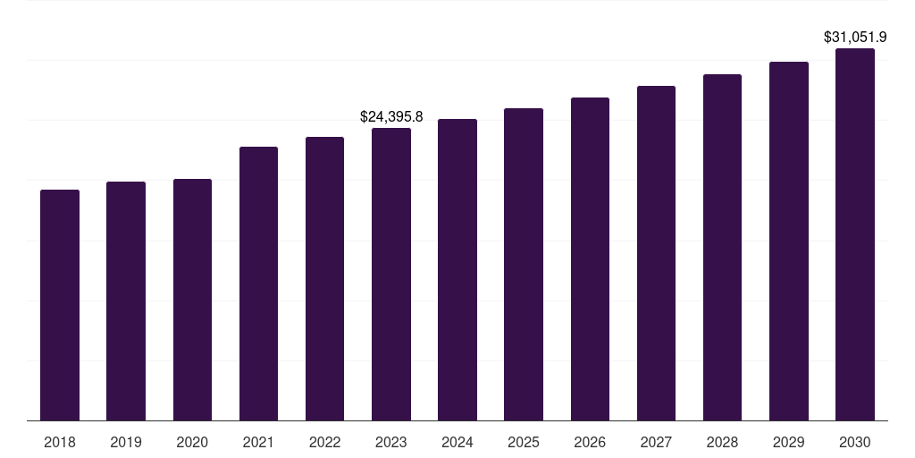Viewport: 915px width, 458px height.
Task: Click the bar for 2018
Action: click(60, 304)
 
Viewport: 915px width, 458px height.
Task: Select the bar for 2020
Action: click(192, 300)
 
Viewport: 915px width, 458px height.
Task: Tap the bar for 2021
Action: click(258, 284)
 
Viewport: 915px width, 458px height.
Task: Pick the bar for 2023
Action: click(391, 274)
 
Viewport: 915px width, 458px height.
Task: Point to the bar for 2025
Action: click(524, 264)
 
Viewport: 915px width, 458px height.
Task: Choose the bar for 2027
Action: click(656, 253)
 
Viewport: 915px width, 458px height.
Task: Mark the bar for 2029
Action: click(789, 241)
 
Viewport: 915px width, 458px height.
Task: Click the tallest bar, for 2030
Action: click(855, 234)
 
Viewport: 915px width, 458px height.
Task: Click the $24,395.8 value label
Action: click(391, 116)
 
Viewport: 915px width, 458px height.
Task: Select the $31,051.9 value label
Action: click(855, 38)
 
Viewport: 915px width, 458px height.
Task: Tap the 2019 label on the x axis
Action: click(126, 442)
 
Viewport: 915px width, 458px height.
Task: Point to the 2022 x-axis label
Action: click(325, 442)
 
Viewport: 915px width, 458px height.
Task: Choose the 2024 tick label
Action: click(457, 442)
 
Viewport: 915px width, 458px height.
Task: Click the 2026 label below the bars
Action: click(590, 442)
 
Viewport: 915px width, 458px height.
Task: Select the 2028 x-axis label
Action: click(722, 442)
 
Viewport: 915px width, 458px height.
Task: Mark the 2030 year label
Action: click(855, 442)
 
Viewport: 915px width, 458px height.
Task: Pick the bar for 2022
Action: click(325, 278)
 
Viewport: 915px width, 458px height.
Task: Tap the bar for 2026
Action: click(590, 259)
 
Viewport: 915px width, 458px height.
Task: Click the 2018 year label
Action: click(60, 442)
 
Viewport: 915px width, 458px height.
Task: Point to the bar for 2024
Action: click(457, 269)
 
